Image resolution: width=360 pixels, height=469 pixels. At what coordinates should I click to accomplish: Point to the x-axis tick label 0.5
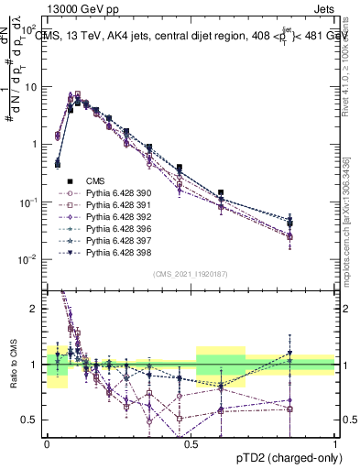(x=191, y=442)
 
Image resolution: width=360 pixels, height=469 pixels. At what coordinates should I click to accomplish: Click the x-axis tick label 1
(x=335, y=442)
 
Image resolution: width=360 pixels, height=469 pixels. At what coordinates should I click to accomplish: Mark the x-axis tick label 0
(x=47, y=442)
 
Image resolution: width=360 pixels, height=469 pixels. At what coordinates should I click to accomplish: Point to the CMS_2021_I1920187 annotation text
(x=191, y=274)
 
